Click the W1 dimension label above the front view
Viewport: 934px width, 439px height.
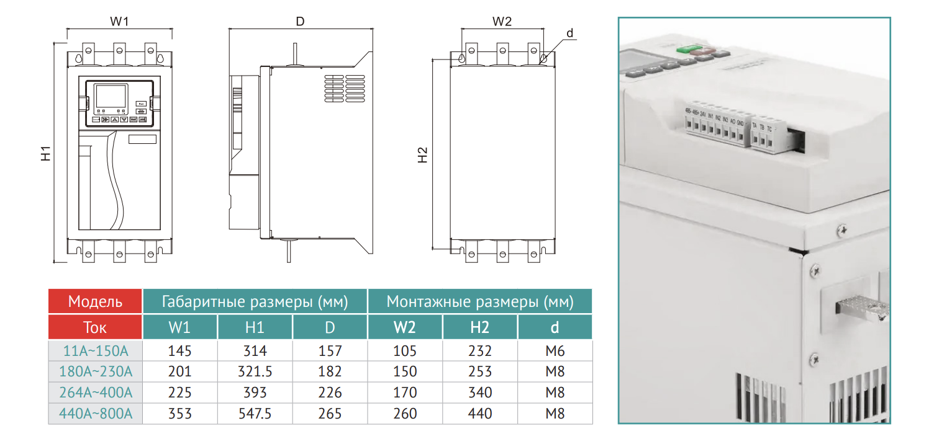(x=119, y=21)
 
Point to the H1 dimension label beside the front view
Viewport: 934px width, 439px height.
(x=47, y=154)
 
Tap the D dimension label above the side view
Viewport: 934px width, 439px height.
(x=300, y=21)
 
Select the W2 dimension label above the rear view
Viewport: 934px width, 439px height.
(x=502, y=21)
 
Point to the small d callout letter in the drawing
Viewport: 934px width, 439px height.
(x=569, y=32)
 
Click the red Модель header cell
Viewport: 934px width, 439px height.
(x=95, y=302)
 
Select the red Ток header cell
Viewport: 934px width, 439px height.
(x=95, y=327)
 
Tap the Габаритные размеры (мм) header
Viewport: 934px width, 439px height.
(x=255, y=302)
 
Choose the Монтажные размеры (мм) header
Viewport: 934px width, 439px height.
(x=479, y=302)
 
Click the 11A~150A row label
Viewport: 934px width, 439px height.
(x=96, y=351)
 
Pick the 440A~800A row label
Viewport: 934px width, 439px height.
(x=96, y=414)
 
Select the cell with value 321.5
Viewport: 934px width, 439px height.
(x=255, y=372)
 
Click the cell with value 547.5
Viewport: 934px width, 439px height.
(x=255, y=414)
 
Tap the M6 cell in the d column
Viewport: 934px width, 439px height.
(x=555, y=351)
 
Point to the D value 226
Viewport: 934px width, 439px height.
(x=330, y=392)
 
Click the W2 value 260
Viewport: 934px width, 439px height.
(x=405, y=414)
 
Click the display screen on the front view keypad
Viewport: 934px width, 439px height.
(x=110, y=96)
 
